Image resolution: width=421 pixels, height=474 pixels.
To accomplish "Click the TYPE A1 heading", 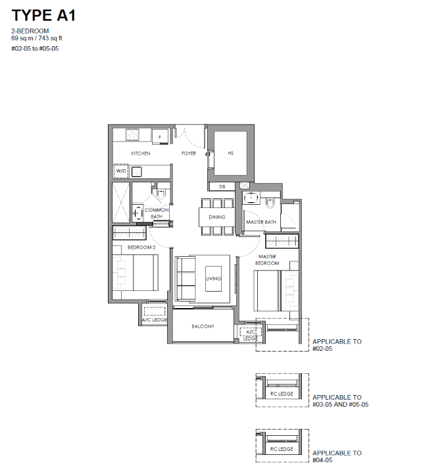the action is pyautogui.click(x=43, y=15).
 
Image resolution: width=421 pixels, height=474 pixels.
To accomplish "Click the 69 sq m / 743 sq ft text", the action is pyautogui.click(x=37, y=38).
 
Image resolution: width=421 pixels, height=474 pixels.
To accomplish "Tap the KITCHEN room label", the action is pyautogui.click(x=141, y=153).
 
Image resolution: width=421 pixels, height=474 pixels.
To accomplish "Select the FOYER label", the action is pyautogui.click(x=189, y=153).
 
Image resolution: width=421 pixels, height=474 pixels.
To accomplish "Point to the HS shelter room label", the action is pyautogui.click(x=231, y=153).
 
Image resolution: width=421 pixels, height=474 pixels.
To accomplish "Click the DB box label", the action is pyautogui.click(x=222, y=187).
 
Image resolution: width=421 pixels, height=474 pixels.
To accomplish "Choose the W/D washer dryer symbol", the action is pyautogui.click(x=121, y=171).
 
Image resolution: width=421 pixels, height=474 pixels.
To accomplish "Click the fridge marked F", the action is pyautogui.click(x=160, y=137).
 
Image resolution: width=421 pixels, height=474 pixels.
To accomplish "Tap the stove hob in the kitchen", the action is pyautogui.click(x=133, y=134).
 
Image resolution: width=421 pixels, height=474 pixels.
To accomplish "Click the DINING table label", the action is pyautogui.click(x=217, y=217).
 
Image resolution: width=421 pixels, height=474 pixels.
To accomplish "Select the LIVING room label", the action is pyautogui.click(x=214, y=278).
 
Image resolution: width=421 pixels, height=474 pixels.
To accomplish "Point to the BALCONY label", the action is pyautogui.click(x=203, y=327).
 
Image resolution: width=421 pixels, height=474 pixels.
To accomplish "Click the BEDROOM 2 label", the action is pyautogui.click(x=141, y=248).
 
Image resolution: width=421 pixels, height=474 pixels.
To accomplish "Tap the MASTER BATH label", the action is pyautogui.click(x=261, y=223).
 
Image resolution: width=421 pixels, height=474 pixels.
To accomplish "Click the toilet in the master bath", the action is pyautogui.click(x=270, y=203).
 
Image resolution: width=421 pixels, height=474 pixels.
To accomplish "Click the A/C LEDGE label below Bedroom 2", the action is pyautogui.click(x=155, y=320).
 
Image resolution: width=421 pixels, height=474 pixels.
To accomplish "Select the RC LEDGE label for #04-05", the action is pyautogui.click(x=282, y=449).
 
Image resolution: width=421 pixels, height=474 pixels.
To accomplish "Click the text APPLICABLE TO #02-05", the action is pyautogui.click(x=337, y=345).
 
